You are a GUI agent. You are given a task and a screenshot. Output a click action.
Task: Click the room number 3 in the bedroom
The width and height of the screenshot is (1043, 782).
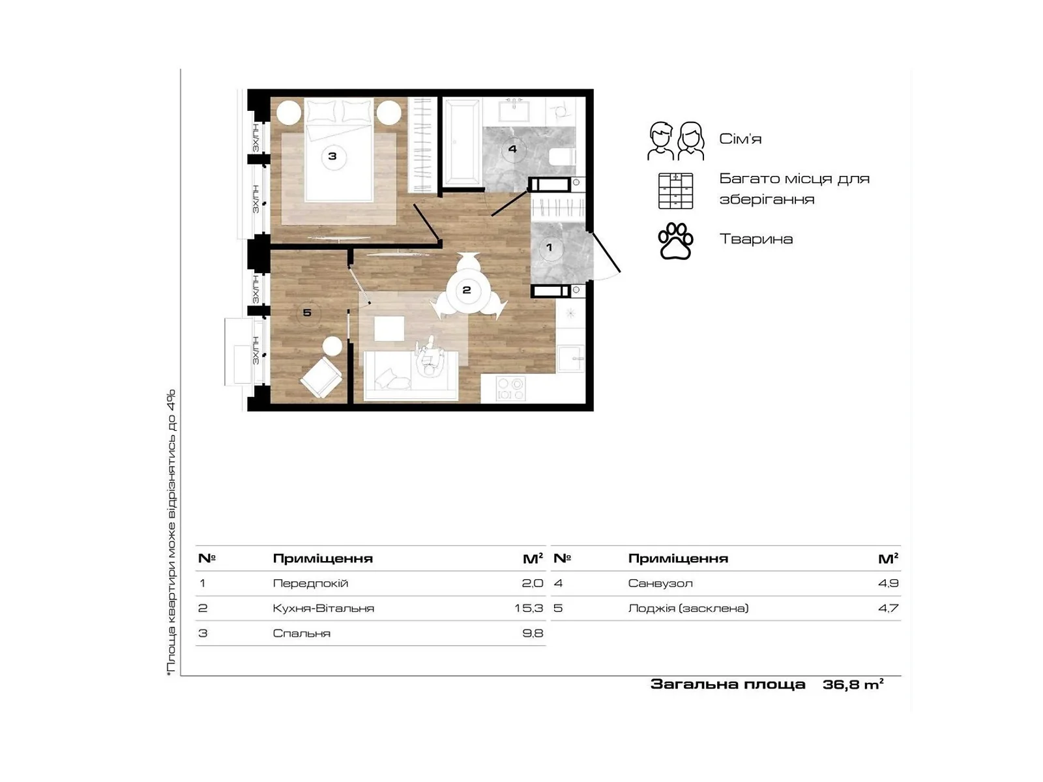click(x=332, y=156)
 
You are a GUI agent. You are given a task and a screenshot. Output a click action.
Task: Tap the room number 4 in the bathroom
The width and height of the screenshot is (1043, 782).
click(x=512, y=149)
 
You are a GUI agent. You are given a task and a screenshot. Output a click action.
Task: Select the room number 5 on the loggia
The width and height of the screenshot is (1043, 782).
click(x=307, y=312)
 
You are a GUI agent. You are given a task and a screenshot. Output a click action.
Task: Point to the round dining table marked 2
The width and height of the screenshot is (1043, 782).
click(x=467, y=289)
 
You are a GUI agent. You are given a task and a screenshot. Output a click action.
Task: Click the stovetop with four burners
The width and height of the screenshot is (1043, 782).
click(x=510, y=389)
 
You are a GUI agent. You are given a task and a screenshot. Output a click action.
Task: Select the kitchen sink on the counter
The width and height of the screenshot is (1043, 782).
click(x=570, y=358)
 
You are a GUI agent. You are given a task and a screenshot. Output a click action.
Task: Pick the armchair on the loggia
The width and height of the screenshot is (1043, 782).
click(x=321, y=377)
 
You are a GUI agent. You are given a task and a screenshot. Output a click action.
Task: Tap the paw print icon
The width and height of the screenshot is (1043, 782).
click(x=675, y=241)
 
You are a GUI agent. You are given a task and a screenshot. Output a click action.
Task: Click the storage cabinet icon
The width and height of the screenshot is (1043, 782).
click(x=675, y=191)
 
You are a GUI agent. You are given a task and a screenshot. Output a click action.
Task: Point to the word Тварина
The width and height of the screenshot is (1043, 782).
click(x=756, y=239)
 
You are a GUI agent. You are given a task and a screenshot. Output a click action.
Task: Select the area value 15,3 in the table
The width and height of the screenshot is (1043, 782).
click(x=529, y=608)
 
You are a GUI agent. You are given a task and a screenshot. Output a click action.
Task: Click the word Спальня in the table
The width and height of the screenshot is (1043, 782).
click(x=301, y=633)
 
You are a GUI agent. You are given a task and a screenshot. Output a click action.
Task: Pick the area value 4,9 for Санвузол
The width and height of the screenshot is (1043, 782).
click(x=888, y=583)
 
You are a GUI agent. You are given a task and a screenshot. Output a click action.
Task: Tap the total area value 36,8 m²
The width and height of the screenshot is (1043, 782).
click(x=853, y=684)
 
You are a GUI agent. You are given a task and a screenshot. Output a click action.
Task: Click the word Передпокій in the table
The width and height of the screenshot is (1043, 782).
click(x=310, y=583)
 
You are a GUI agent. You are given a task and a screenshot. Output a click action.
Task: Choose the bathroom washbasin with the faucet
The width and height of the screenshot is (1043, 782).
click(x=514, y=110)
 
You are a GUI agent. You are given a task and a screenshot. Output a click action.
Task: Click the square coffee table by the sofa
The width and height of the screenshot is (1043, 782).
click(x=389, y=328)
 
